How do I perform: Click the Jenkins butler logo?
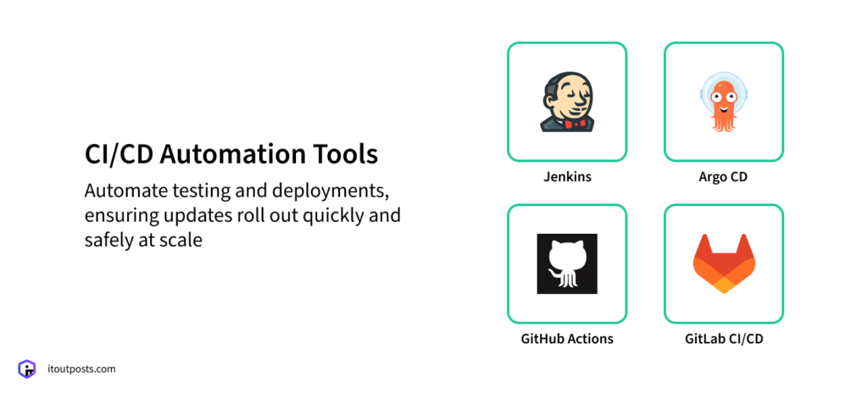point(566,101)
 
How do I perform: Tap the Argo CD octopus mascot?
point(723,102)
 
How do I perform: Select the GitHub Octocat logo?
point(566,264)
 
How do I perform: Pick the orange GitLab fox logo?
point(723,263)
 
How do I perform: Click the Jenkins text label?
point(566,178)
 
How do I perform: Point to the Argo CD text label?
point(723,178)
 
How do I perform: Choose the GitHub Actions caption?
point(566,339)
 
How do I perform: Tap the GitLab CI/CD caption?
point(723,339)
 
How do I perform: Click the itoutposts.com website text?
point(81,369)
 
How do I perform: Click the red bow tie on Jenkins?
point(577,124)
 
